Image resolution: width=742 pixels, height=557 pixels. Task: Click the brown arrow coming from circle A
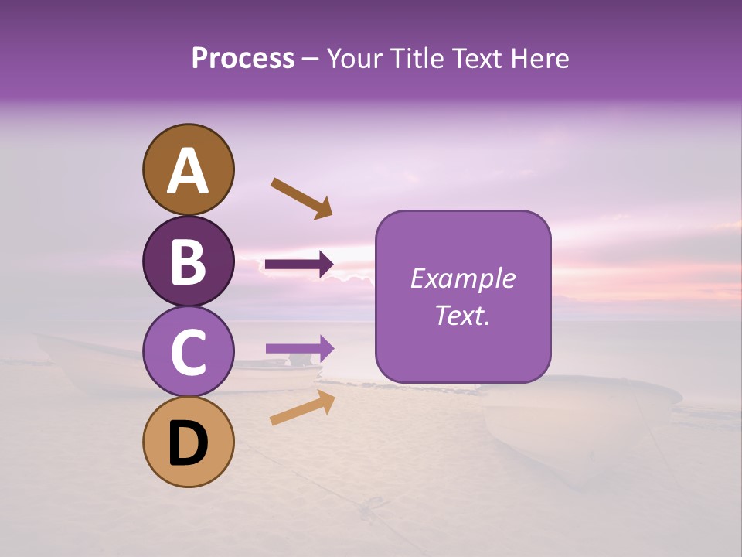301,197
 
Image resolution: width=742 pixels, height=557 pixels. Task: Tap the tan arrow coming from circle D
302,408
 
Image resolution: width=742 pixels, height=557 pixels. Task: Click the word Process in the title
243,59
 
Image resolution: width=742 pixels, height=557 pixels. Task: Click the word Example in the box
463,278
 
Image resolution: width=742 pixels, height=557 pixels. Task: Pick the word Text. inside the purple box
463,315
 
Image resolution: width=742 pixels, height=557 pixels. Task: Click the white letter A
188,172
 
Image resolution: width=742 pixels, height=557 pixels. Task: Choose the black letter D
188,445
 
